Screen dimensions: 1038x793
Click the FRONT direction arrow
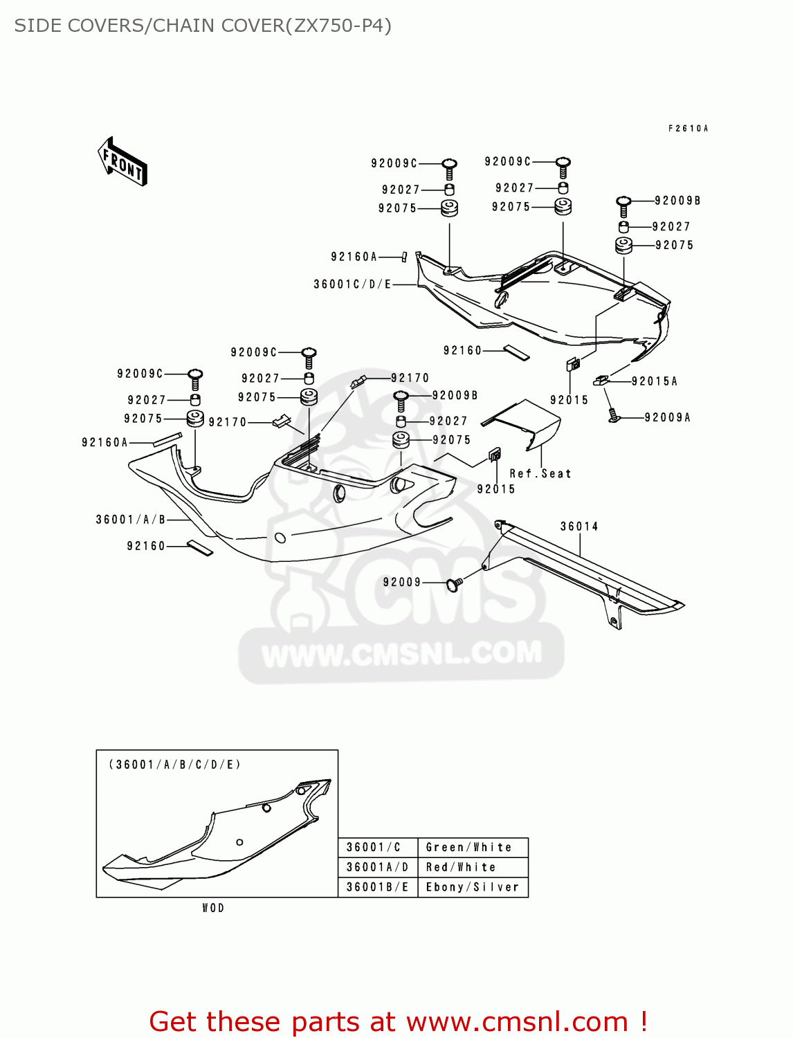123,161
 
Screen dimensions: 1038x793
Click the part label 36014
579,527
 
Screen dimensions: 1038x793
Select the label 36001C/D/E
352,284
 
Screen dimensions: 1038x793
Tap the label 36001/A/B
131,520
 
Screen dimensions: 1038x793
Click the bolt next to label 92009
455,585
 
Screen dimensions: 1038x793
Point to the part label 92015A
654,381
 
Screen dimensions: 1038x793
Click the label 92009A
667,417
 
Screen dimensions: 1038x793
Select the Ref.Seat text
540,474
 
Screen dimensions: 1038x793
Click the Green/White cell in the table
469,847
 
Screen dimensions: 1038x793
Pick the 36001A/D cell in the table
377,867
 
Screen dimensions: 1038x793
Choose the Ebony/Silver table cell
472,887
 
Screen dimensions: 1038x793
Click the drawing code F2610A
688,129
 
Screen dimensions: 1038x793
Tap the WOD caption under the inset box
213,908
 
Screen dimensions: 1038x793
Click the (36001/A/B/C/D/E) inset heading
174,765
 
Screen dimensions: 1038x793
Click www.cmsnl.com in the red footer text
516,1021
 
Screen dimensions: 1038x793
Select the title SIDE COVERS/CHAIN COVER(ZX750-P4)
203,26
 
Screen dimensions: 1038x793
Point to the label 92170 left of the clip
227,422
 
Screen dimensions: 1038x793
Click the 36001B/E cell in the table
377,887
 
